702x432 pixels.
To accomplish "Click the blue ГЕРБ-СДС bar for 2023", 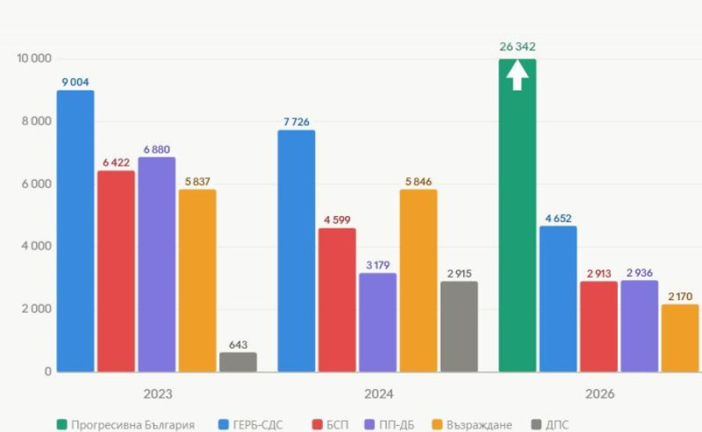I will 76,231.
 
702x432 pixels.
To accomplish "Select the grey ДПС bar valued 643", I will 238,362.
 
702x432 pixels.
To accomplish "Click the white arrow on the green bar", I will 517,76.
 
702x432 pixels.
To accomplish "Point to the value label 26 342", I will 517,47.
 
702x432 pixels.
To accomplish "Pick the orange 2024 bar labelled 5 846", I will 419,281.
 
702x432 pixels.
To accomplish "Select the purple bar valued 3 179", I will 378,322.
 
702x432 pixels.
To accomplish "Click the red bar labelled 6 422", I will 116,271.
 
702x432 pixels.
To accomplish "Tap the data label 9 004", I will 76,81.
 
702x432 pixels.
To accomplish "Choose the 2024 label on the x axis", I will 378,394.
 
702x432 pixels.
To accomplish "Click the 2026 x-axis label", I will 598,394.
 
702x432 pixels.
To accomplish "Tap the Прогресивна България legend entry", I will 125,425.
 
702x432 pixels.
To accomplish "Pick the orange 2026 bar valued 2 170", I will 679,338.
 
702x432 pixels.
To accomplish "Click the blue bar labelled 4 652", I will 558,299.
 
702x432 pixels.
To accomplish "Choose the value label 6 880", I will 157,149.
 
